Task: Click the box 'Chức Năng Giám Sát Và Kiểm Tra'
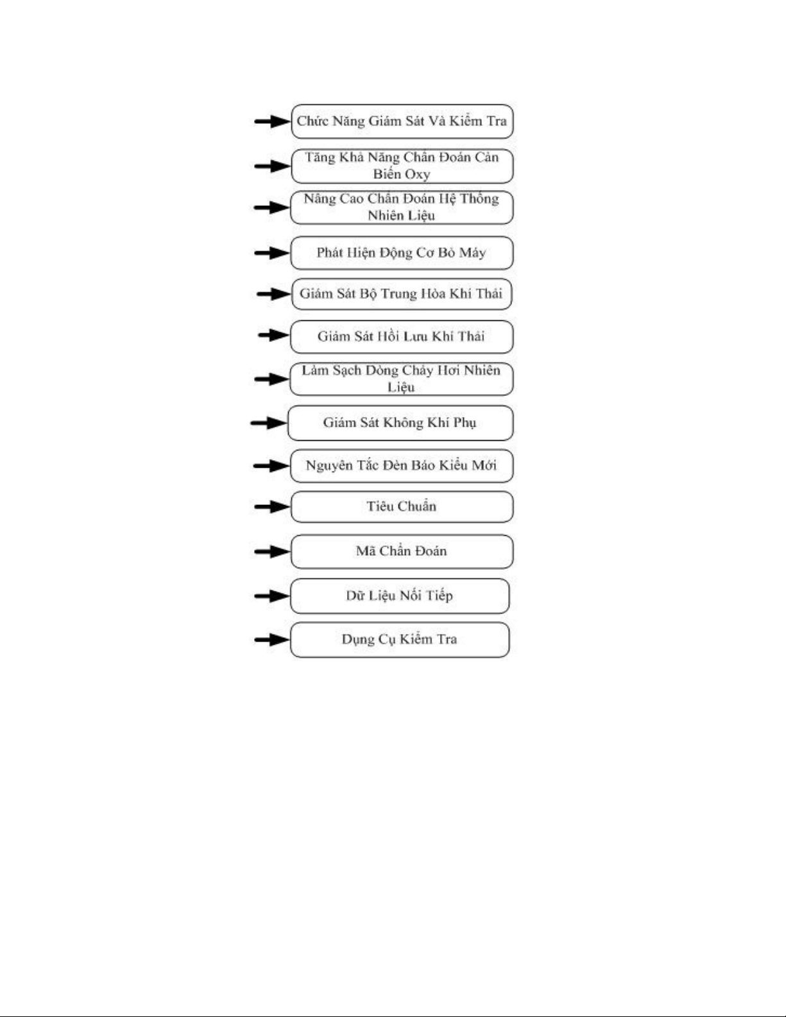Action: tap(402, 121)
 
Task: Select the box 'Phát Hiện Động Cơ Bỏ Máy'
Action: tap(402, 253)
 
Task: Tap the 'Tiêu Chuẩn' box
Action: tap(402, 507)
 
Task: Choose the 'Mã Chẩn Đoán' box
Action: tap(402, 551)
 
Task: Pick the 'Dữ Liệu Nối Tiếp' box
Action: tap(399, 596)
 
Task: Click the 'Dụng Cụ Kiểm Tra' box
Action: tap(399, 640)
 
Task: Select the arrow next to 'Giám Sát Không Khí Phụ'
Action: tap(269, 423)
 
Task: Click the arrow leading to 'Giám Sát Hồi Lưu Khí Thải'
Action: tap(273, 335)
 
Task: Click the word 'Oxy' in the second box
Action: tap(417, 175)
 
